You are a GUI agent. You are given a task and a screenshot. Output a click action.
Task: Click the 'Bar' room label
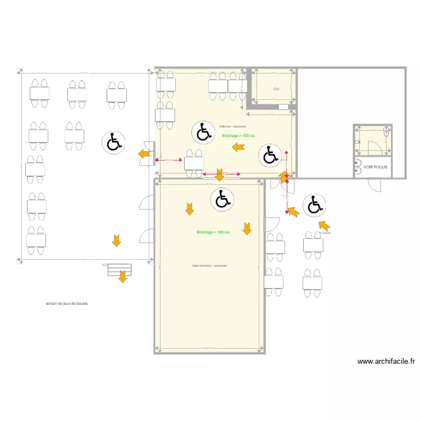click(276, 89)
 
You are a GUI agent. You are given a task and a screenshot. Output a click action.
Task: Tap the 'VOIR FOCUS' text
click(375, 167)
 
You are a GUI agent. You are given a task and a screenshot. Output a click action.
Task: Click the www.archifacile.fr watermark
click(386, 361)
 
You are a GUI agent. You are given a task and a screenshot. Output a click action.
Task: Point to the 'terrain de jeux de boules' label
click(67, 304)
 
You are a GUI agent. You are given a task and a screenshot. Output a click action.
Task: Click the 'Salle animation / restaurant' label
click(209, 266)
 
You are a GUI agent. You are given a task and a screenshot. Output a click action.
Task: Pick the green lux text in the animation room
click(213, 232)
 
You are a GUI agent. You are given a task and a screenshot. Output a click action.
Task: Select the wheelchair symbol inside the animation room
click(222, 199)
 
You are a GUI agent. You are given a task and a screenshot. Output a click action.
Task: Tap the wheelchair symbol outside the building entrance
click(313, 205)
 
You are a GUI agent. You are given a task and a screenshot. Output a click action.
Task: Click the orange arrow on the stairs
click(122, 277)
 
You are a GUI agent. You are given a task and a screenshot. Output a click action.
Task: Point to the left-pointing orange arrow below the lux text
click(239, 147)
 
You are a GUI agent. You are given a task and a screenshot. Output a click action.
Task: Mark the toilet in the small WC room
click(386, 132)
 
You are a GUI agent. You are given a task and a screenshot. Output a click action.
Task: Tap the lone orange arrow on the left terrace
click(116, 241)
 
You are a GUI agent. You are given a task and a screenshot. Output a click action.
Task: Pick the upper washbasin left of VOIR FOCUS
click(358, 163)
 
